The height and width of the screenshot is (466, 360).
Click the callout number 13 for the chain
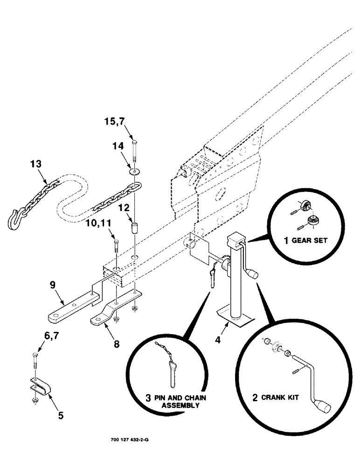[x=36, y=164]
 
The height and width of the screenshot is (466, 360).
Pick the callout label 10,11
[x=98, y=224]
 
